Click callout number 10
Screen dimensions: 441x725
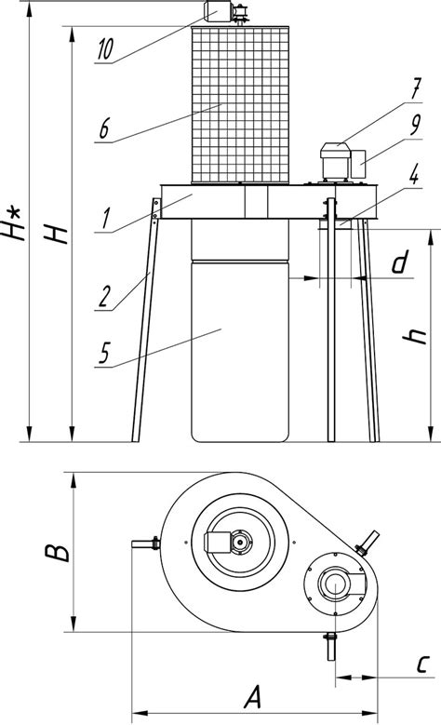click(105, 49)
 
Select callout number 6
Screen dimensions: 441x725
click(105, 128)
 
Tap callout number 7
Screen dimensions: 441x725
click(416, 88)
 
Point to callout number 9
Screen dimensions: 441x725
click(416, 124)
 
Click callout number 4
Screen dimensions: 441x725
click(414, 176)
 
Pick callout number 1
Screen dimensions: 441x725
click(106, 218)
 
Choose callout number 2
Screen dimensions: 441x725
click(105, 297)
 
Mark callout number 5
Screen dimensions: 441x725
click(104, 354)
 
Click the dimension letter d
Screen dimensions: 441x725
click(400, 262)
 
